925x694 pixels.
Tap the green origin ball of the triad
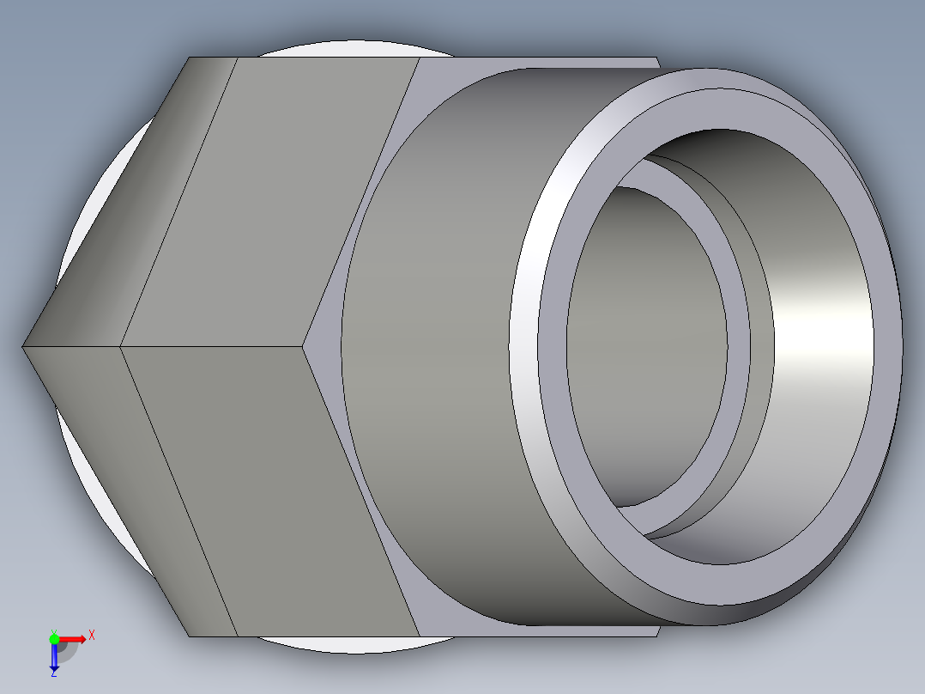[54, 638]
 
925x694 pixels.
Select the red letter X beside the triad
[91, 636]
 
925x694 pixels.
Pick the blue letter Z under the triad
[53, 673]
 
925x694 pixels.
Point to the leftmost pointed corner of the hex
[23, 347]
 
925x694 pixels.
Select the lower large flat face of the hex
[275, 490]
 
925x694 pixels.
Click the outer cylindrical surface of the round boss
[438, 344]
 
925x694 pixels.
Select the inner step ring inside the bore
[738, 344]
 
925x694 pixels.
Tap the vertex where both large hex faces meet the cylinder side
[305, 347]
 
